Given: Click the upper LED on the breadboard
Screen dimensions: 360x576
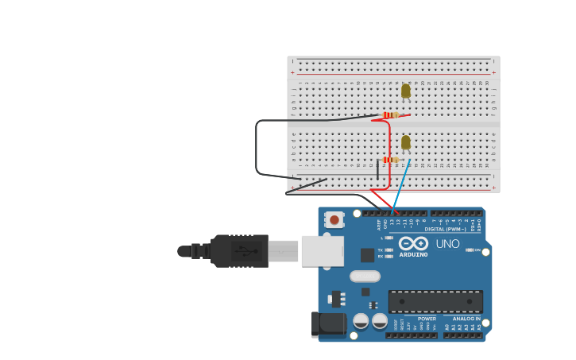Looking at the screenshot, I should [406, 91].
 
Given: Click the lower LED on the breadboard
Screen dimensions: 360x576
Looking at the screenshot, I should [406, 142].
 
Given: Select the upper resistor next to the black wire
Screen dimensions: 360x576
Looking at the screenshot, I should [390, 115].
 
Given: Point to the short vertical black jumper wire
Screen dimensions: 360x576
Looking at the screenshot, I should [377, 170].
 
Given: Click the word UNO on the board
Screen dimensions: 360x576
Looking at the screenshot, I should [447, 244].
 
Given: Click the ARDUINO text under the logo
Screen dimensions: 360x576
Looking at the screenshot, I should [413, 255].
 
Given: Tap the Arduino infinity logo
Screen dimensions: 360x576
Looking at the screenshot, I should [413, 243].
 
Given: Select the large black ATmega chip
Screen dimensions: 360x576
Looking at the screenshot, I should [435, 301].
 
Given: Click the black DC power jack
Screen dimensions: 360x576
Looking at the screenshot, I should [329, 324].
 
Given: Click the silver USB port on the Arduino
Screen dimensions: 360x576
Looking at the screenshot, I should [323, 250].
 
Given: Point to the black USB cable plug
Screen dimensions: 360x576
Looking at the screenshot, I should [239, 250].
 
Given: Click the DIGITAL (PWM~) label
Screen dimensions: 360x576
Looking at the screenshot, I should [445, 229].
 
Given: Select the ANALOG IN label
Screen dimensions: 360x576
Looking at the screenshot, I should [466, 319].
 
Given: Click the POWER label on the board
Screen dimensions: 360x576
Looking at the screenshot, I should [427, 319].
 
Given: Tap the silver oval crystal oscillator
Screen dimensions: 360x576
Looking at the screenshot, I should [365, 277].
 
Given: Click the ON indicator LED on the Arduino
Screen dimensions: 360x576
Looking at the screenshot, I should [470, 250].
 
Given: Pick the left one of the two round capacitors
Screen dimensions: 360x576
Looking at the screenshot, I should [361, 320].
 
